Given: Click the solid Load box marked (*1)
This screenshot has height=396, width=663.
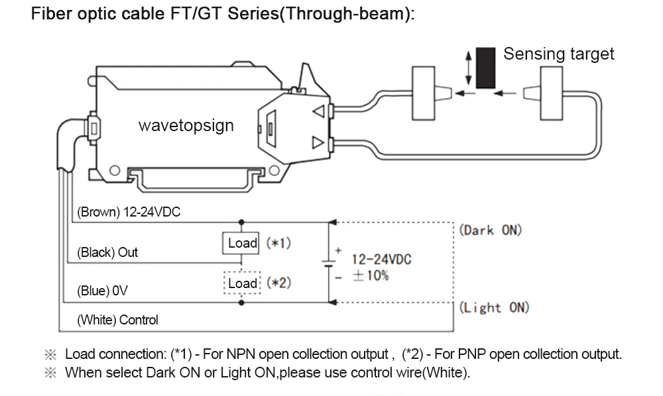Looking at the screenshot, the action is (241, 243).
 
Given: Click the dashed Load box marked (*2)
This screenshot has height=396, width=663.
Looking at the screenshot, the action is (242, 283).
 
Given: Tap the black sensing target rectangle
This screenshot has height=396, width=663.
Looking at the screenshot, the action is (485, 68).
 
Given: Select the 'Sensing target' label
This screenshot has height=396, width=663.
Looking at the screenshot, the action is (558, 54).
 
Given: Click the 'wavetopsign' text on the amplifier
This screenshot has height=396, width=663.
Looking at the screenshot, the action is (186, 125).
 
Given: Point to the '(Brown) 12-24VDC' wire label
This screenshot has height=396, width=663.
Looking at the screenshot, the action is (129, 211).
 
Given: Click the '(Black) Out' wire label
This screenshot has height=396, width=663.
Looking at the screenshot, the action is (107, 252).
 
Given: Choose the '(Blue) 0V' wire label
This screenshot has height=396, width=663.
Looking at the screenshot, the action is (102, 291).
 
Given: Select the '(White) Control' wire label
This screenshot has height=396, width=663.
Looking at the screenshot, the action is (117, 320).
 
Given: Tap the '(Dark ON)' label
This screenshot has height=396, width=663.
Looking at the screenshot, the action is (491, 230).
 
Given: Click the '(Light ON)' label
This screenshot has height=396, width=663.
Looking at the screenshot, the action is (495, 307).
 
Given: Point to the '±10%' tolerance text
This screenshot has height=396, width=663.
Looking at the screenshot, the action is (371, 275).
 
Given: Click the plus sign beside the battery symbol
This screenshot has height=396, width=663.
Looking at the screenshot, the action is (338, 250).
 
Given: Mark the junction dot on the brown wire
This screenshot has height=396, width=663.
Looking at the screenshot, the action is (241, 222).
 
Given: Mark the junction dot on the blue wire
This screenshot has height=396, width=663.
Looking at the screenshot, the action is (241, 303).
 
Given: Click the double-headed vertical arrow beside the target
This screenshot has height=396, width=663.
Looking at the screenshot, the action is (468, 68).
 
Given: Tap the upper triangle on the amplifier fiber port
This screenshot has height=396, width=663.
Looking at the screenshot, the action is (318, 111).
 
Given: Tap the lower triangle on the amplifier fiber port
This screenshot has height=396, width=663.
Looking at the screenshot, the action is (318, 142).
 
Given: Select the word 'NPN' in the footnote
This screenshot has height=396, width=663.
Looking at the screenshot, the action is (241, 354).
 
